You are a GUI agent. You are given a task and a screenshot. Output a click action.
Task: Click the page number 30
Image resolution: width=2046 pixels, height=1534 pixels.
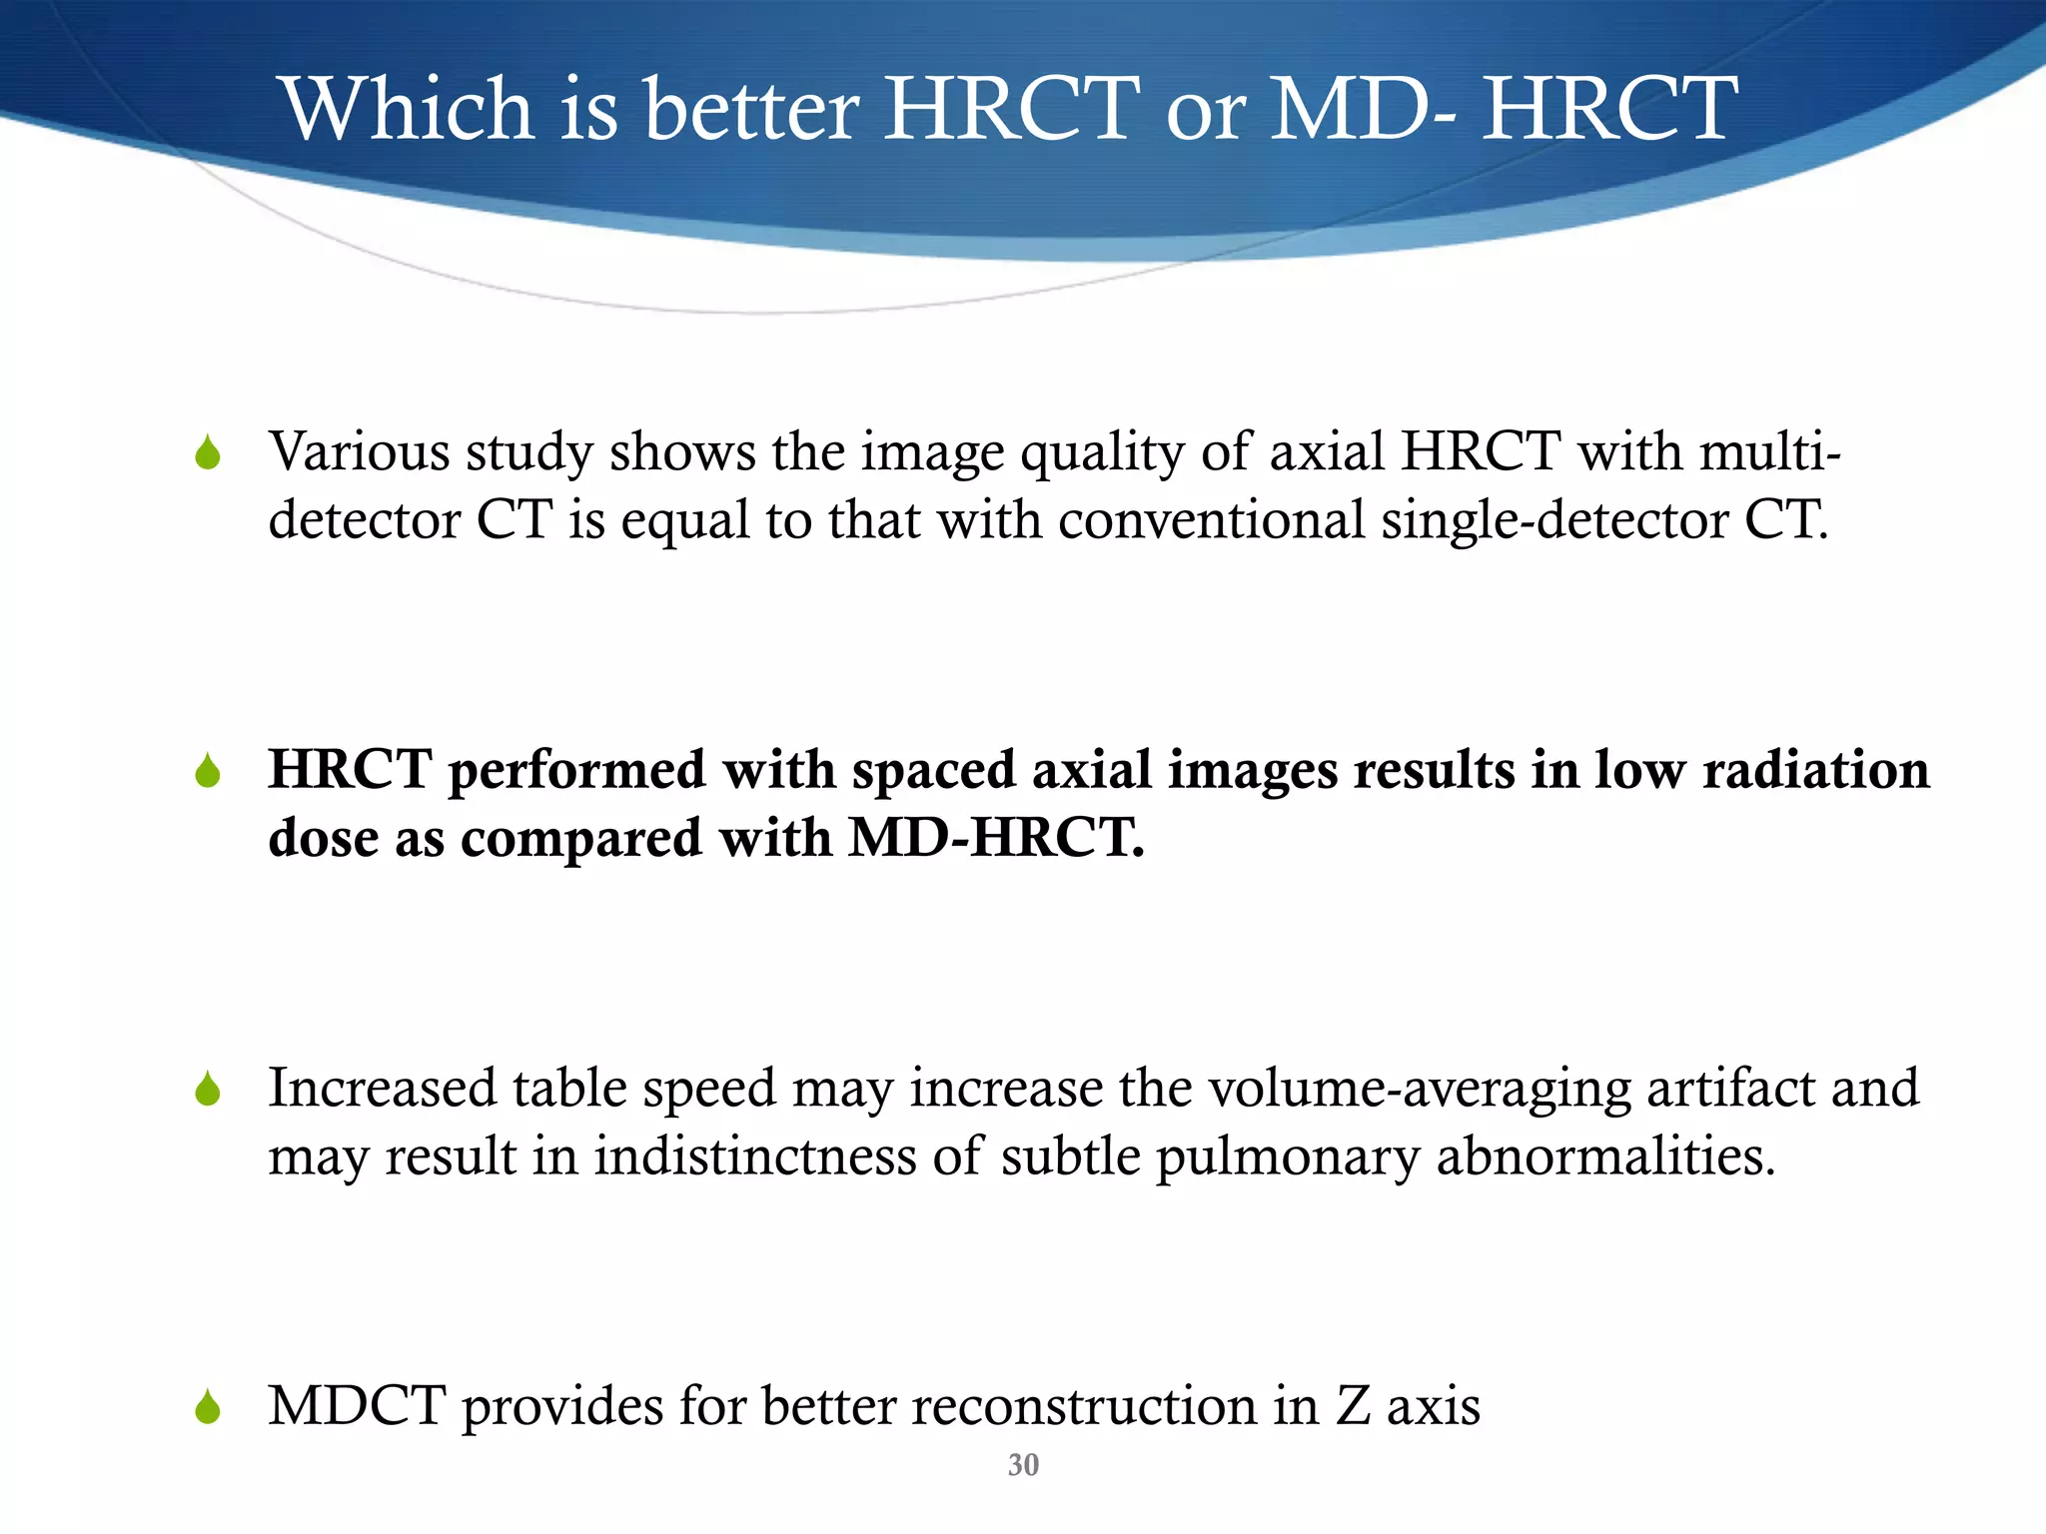click(1023, 1465)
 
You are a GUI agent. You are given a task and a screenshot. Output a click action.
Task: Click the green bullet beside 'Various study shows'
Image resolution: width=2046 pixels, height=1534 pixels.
click(208, 454)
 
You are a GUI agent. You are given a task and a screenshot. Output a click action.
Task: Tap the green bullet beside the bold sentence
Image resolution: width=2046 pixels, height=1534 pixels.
click(208, 772)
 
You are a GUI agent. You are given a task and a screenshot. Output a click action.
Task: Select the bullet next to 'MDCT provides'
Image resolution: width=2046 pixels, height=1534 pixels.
click(208, 1408)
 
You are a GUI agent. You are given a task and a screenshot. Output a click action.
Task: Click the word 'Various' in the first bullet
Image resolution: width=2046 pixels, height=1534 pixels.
click(360, 451)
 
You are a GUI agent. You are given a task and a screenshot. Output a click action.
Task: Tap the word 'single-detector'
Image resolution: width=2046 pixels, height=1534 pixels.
click(1554, 520)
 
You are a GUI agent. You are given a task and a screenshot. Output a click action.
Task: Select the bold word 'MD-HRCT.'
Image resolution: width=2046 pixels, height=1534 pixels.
click(996, 838)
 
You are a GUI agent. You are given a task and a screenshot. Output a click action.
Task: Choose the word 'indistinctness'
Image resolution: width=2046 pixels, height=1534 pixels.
click(755, 1156)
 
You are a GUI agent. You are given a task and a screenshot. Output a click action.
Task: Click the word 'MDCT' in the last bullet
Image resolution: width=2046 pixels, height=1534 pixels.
click(357, 1406)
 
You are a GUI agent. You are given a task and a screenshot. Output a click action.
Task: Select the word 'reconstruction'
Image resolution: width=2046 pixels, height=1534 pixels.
click(1083, 1406)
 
